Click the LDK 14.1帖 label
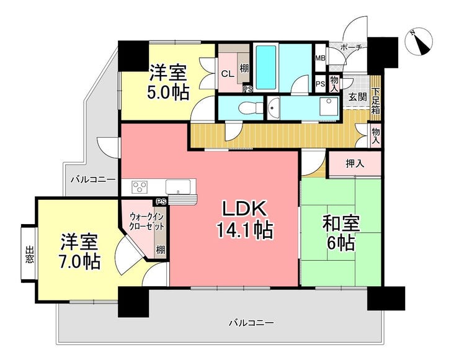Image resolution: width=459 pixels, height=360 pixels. pyautogui.click(x=244, y=219)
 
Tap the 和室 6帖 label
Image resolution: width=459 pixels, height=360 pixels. pyautogui.click(x=341, y=233)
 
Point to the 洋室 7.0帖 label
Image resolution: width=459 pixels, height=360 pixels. pyautogui.click(x=79, y=251)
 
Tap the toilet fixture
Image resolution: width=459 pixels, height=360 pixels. pyautogui.click(x=251, y=108)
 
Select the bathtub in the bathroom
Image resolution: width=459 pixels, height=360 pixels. pyautogui.click(x=266, y=68)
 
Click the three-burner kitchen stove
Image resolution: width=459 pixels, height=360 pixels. pyautogui.click(x=140, y=187)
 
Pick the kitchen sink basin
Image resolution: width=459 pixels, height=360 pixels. pyautogui.click(x=178, y=187)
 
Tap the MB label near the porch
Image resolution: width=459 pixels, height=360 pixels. pyautogui.click(x=320, y=58)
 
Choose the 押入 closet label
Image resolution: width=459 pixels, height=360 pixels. pyautogui.click(x=355, y=164)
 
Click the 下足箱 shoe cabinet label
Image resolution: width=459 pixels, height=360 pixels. pyautogui.click(x=375, y=101)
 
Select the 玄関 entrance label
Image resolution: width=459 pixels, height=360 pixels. pyautogui.click(x=358, y=97)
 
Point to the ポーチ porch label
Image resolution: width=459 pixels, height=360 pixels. pyautogui.click(x=352, y=47)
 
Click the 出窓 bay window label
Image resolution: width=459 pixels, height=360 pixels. pyautogui.click(x=29, y=254)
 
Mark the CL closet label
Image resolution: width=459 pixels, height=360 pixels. pyautogui.click(x=228, y=74)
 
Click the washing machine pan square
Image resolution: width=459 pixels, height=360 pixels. pyautogui.click(x=329, y=107)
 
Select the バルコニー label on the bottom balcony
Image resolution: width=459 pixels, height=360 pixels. pyautogui.click(x=251, y=323)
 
